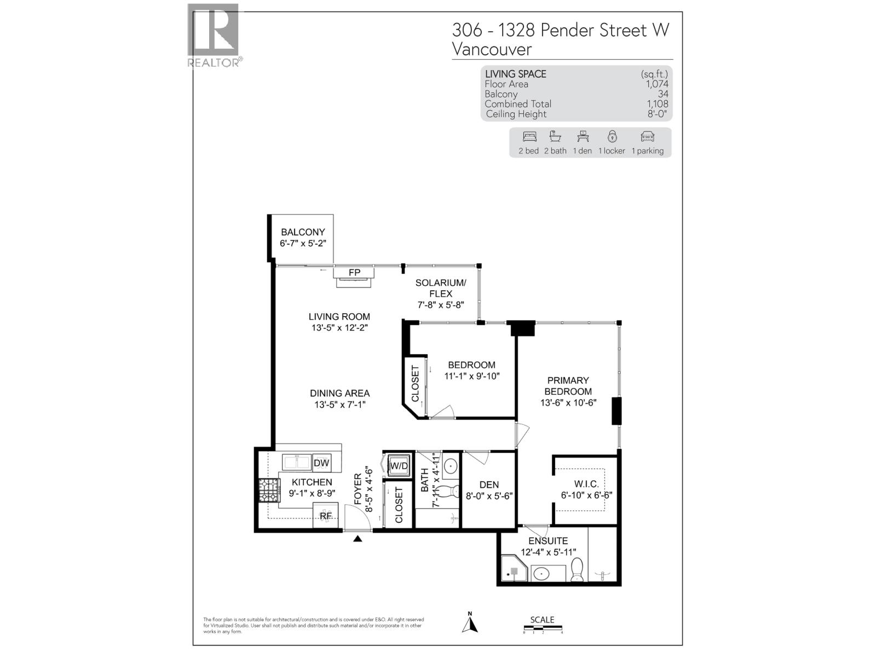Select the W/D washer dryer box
pos(399,466)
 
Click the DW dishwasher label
pos(321,463)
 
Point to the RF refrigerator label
pos(326,516)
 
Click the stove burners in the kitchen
pos(269,491)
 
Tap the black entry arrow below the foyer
pos(358,539)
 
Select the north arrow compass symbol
pos(470,624)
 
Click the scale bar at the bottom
pos(543,627)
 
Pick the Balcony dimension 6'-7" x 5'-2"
pos(303,243)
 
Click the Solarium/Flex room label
pos(440,288)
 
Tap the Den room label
pos(489,485)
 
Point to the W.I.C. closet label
pos(586,484)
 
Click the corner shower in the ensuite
pos(513,570)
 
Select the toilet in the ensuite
pos(577,569)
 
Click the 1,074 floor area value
pos(657,84)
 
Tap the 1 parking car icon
pos(647,136)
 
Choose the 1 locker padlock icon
pos(612,136)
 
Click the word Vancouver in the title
pos(491,49)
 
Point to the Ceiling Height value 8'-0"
pos(657,114)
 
